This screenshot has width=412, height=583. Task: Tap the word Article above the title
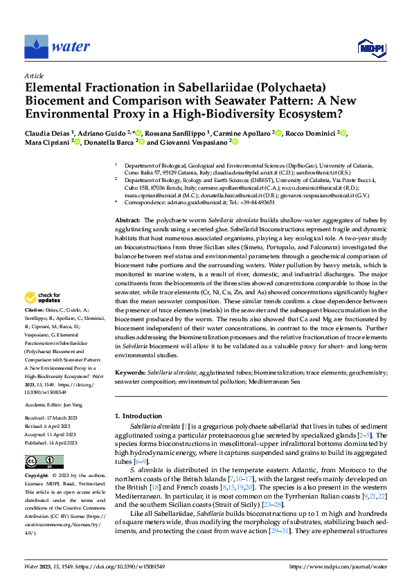(34, 75)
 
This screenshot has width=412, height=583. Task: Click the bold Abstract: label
(130, 219)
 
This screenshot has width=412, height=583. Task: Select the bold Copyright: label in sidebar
(37, 477)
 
